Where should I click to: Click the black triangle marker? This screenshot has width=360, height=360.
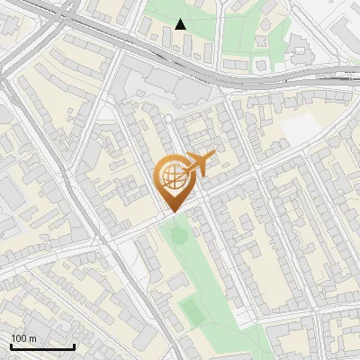(181, 24)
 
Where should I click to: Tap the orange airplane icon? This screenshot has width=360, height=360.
(199, 164)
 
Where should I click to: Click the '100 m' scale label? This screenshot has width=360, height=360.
(24, 338)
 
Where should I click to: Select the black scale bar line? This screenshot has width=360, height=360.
(42, 347)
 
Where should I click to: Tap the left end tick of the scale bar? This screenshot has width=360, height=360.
(11, 346)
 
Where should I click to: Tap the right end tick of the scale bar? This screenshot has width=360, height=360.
(74, 346)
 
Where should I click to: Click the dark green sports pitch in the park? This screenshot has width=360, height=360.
(193, 311)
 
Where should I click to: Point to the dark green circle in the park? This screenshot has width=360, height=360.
(177, 236)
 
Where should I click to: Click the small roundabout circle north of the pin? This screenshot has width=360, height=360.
(167, 118)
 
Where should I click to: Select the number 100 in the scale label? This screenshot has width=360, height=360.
(20, 338)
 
